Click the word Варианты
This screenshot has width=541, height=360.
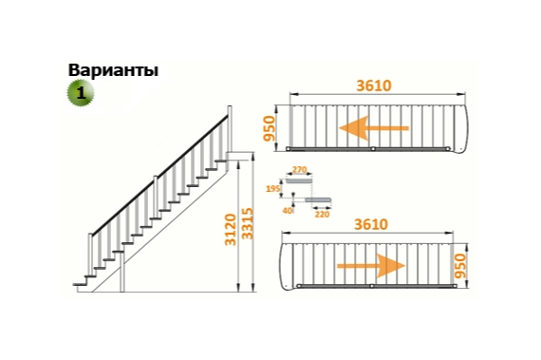(x=113, y=70)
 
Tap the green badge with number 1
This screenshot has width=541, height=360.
(x=81, y=93)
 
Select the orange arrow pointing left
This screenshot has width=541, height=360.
(x=375, y=128)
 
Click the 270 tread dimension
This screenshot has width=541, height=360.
(x=299, y=169)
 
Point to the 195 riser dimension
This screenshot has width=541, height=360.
(x=274, y=189)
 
